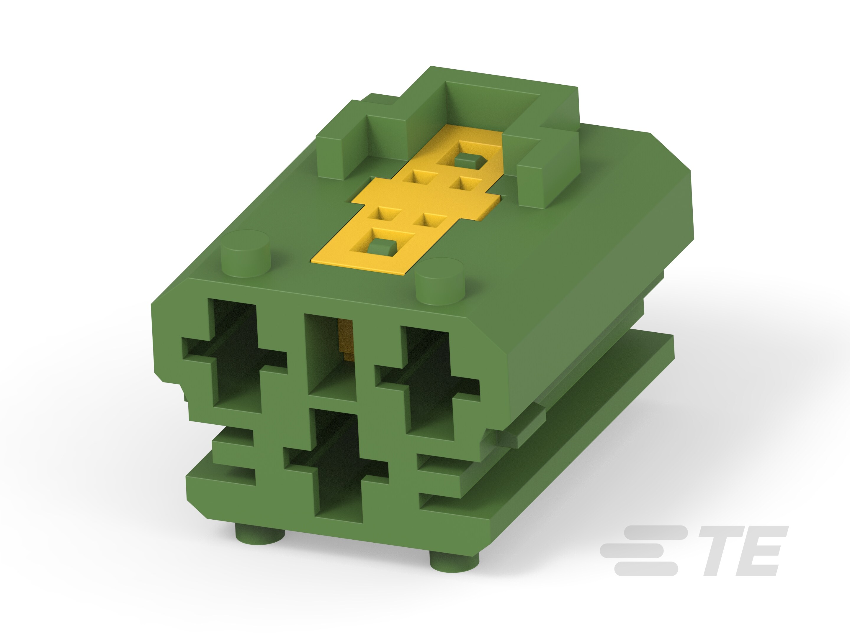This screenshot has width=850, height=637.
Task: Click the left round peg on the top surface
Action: [x=246, y=253]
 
